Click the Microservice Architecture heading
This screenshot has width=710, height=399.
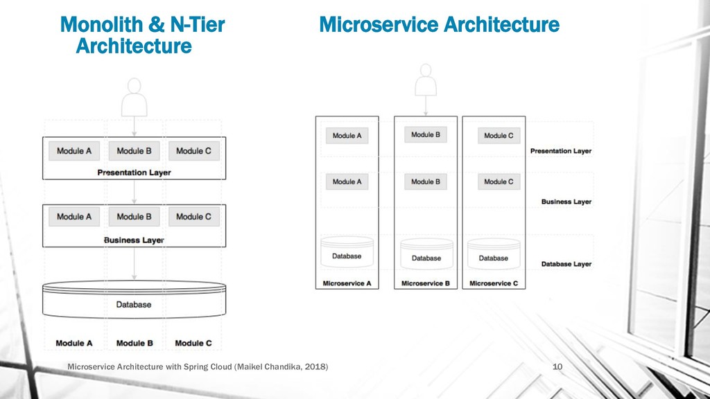click(x=439, y=26)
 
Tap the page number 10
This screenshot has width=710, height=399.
click(x=556, y=366)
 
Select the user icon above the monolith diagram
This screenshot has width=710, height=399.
click(x=134, y=96)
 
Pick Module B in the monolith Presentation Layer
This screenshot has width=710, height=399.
click(x=134, y=151)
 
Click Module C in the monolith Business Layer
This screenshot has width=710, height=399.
click(x=193, y=217)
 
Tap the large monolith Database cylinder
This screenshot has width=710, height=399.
click(x=134, y=301)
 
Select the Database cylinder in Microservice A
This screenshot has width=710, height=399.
click(x=347, y=254)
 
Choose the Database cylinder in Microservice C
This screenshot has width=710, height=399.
click(x=493, y=255)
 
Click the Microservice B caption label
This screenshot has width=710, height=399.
click(x=426, y=283)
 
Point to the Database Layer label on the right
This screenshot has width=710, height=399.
click(x=566, y=264)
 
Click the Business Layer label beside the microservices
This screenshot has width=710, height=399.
click(x=566, y=202)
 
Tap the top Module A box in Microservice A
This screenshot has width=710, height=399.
click(x=347, y=136)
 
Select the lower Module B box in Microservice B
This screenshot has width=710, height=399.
click(x=426, y=181)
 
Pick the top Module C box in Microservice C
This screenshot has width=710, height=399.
click(x=499, y=136)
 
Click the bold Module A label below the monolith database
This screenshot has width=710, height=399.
click(x=74, y=343)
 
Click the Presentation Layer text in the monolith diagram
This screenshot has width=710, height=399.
click(x=134, y=172)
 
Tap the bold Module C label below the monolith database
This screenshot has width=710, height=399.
click(x=193, y=343)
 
